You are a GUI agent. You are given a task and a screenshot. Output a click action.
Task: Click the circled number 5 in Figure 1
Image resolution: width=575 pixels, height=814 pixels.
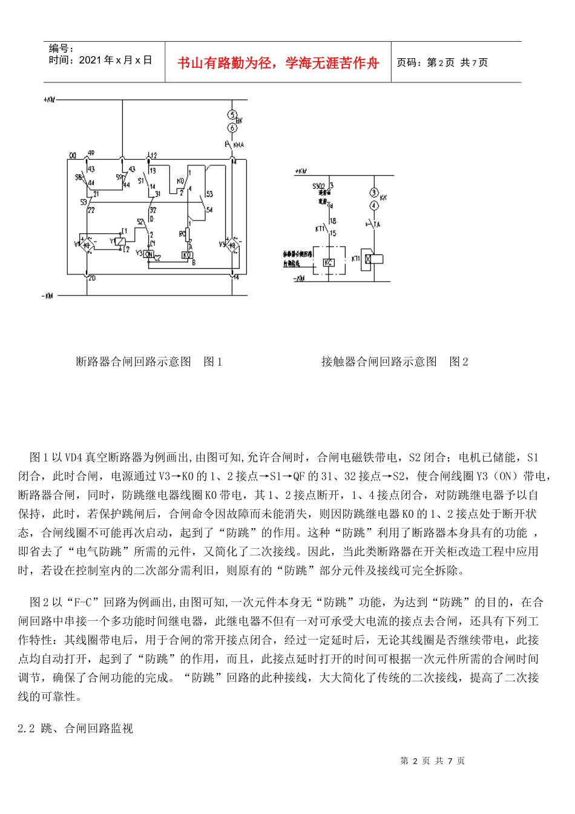pyautogui.click(x=232, y=115)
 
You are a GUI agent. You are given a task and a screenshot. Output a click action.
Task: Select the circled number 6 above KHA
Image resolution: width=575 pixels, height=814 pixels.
pyautogui.click(x=232, y=128)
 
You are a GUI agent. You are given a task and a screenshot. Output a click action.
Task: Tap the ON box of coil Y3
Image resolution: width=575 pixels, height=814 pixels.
pyautogui.click(x=148, y=254)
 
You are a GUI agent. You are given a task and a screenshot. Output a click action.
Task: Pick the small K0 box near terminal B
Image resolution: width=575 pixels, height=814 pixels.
pyautogui.click(x=187, y=255)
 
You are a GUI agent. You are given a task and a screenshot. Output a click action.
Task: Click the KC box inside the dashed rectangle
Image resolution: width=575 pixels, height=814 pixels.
pyautogui.click(x=329, y=262)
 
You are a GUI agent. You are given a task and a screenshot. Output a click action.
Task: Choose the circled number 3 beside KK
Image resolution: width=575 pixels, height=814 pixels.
pyautogui.click(x=374, y=193)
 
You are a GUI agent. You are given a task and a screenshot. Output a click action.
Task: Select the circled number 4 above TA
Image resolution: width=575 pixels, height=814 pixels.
pyautogui.click(x=374, y=205)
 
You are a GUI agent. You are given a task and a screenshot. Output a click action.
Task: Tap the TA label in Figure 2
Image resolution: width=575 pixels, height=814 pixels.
pyautogui.click(x=377, y=224)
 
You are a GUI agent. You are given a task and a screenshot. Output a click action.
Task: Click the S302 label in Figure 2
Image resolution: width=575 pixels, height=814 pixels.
pyautogui.click(x=320, y=187)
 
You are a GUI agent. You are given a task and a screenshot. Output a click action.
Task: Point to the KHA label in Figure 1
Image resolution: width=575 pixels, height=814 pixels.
pyautogui.click(x=238, y=145)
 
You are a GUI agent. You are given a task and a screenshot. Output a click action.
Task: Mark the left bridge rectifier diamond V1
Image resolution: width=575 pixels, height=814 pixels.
pyautogui.click(x=87, y=244)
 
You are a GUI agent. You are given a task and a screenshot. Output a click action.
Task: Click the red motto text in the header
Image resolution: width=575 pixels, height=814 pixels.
pyautogui.click(x=278, y=63)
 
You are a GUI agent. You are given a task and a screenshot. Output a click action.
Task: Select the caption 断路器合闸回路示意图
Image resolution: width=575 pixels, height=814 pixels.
pyautogui.click(x=133, y=362)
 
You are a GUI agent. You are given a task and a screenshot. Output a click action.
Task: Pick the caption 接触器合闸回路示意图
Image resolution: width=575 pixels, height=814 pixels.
pyautogui.click(x=379, y=362)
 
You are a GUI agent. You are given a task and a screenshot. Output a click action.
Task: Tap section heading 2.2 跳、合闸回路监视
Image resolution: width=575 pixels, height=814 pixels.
pyautogui.click(x=75, y=728)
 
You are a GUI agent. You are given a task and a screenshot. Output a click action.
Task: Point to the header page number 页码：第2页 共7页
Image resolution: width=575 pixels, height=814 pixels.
pyautogui.click(x=442, y=62)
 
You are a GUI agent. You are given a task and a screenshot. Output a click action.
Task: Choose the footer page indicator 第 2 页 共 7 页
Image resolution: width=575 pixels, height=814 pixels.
pyautogui.click(x=432, y=761)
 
